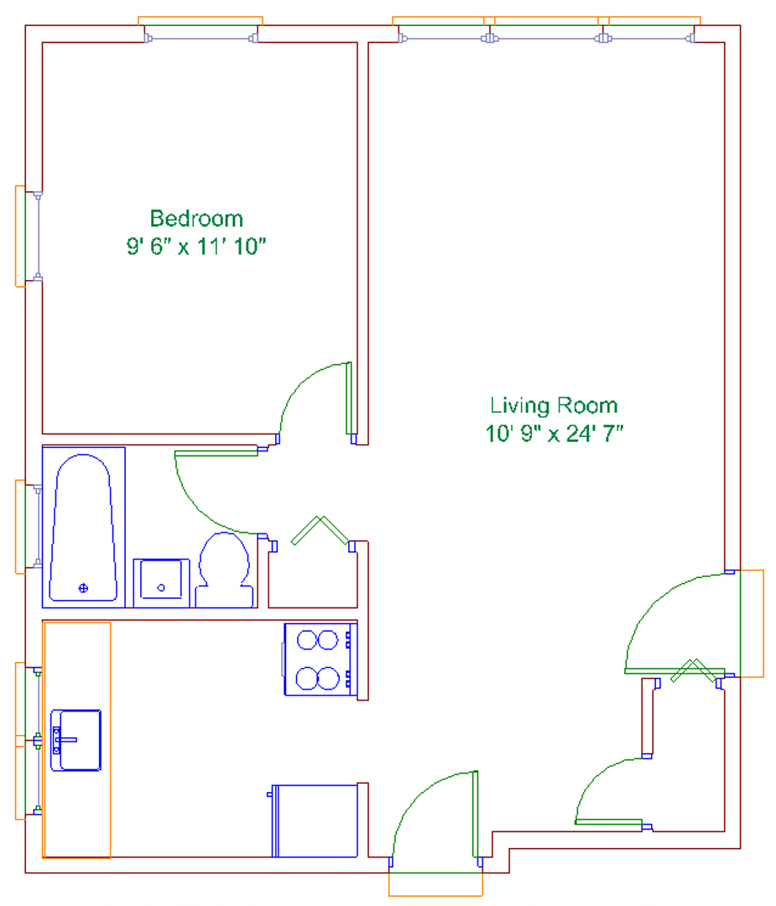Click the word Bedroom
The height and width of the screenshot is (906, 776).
pyautogui.click(x=196, y=219)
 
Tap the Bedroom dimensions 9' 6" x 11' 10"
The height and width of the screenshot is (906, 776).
pyautogui.click(x=196, y=247)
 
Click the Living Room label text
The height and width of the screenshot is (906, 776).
pyautogui.click(x=555, y=406)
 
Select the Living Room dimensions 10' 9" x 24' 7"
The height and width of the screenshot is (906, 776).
pyautogui.click(x=555, y=434)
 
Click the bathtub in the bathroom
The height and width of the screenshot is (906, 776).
pyautogui.click(x=83, y=528)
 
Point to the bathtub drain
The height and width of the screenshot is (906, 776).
pyautogui.click(x=83, y=588)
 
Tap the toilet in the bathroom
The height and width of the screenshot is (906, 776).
pyautogui.click(x=224, y=570)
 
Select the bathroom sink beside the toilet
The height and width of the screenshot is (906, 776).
pyautogui.click(x=161, y=583)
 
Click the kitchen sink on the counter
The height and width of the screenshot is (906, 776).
pyautogui.click(x=76, y=740)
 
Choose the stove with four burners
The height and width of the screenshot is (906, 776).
pyautogui.click(x=320, y=659)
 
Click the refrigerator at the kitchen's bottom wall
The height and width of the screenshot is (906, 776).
pyautogui.click(x=314, y=820)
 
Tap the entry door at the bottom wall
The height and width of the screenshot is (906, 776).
pyautogui.click(x=435, y=815)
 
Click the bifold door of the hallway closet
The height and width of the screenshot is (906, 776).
pyautogui.click(x=320, y=530)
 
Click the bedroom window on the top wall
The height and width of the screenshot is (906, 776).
pyautogui.click(x=200, y=38)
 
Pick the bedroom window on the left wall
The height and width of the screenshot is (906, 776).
pyautogui.click(x=38, y=237)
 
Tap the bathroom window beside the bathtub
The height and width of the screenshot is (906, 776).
pyautogui.click(x=38, y=526)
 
